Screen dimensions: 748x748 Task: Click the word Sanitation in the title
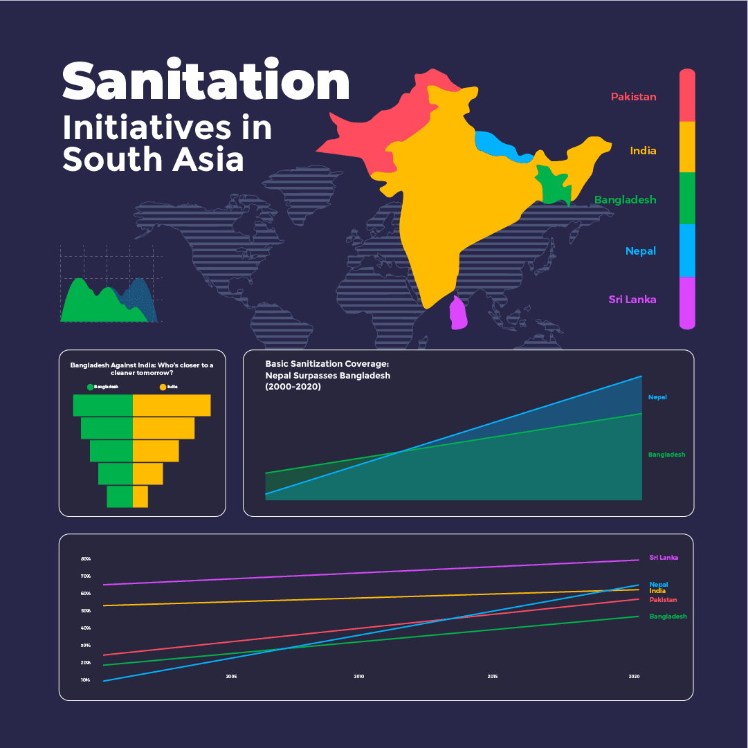[206, 82]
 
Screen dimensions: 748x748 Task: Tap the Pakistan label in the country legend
[633, 97]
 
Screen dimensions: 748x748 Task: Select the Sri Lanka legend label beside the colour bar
[632, 300]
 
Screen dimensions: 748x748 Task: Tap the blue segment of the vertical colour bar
[686, 250]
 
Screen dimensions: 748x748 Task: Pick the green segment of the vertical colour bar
[686, 198]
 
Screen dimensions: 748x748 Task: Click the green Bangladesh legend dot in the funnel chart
[90, 387]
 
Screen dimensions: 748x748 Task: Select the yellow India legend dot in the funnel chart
[163, 387]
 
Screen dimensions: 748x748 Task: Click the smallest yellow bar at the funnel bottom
[140, 497]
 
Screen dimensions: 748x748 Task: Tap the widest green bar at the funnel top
[102, 405]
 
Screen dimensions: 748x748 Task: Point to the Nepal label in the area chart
[657, 397]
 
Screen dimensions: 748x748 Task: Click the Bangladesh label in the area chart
[666, 455]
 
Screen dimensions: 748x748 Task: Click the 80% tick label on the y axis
[86, 559]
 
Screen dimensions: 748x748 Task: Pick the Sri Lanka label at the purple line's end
[664, 558]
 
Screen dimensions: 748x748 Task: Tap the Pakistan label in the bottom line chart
[663, 600]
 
